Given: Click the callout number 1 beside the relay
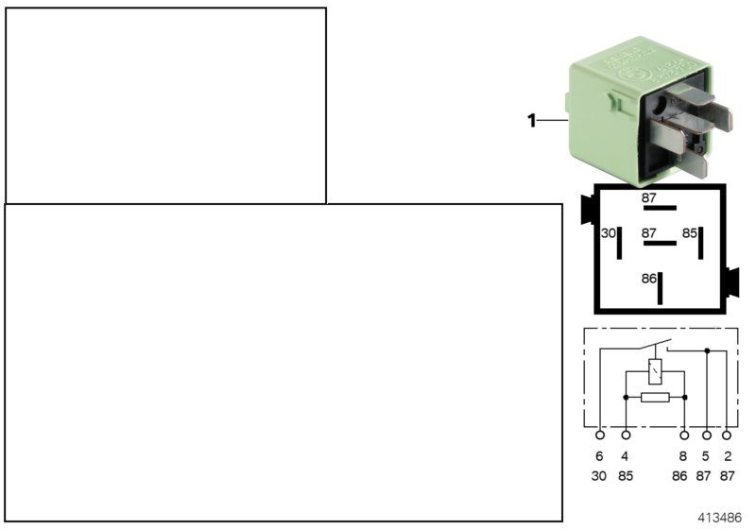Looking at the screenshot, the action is tap(531, 120).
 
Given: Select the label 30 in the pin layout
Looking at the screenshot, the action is tap(609, 233).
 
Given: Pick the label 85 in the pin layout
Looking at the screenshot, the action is tap(690, 233).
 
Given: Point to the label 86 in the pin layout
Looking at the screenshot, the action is tap(648, 280).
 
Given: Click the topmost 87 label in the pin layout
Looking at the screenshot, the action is tap(648, 197).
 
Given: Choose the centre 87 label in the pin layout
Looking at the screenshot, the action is tap(648, 232).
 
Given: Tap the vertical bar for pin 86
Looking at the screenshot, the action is tap(661, 287).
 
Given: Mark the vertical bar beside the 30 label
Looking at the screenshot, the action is tap(620, 243).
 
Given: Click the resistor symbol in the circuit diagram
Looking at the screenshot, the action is tap(655, 398).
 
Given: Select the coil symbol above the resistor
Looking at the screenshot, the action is tap(655, 370).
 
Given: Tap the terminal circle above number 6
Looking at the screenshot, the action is tap(599, 435).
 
